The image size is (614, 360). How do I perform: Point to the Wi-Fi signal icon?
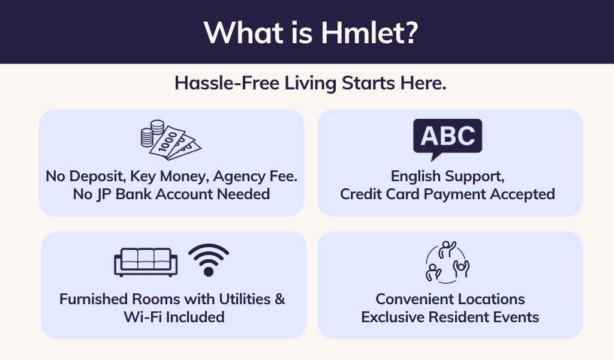point(209,260)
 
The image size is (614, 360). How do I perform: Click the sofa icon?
point(146,262)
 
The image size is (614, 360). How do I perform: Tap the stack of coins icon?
point(152,133)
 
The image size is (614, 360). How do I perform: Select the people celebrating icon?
point(447,262)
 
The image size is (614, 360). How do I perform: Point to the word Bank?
point(135,194)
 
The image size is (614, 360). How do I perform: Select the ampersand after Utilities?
point(279,299)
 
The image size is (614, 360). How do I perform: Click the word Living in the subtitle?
point(310,83)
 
